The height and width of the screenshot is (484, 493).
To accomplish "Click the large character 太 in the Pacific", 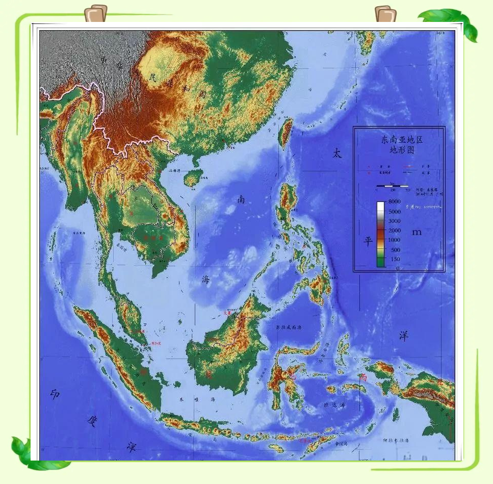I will [337, 152].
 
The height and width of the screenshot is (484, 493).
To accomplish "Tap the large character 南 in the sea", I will [241, 199].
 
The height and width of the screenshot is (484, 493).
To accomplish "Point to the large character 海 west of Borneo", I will [205, 279].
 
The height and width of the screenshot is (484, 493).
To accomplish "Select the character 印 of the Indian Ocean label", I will [55, 394].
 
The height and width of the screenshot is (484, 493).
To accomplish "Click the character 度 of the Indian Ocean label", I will [92, 421].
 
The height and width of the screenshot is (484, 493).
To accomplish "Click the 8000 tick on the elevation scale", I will [395, 202].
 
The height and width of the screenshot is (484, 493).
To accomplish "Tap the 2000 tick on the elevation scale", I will [395, 231].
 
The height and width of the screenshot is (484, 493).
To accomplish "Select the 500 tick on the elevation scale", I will [395, 250].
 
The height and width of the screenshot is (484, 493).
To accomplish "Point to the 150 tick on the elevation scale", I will [395, 259].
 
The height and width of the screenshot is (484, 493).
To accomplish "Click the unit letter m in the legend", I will [417, 232].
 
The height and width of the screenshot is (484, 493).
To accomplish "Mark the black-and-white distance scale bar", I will [393, 187].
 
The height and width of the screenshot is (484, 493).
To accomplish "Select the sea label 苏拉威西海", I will [289, 327].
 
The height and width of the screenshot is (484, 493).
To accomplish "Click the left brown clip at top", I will [96, 13].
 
